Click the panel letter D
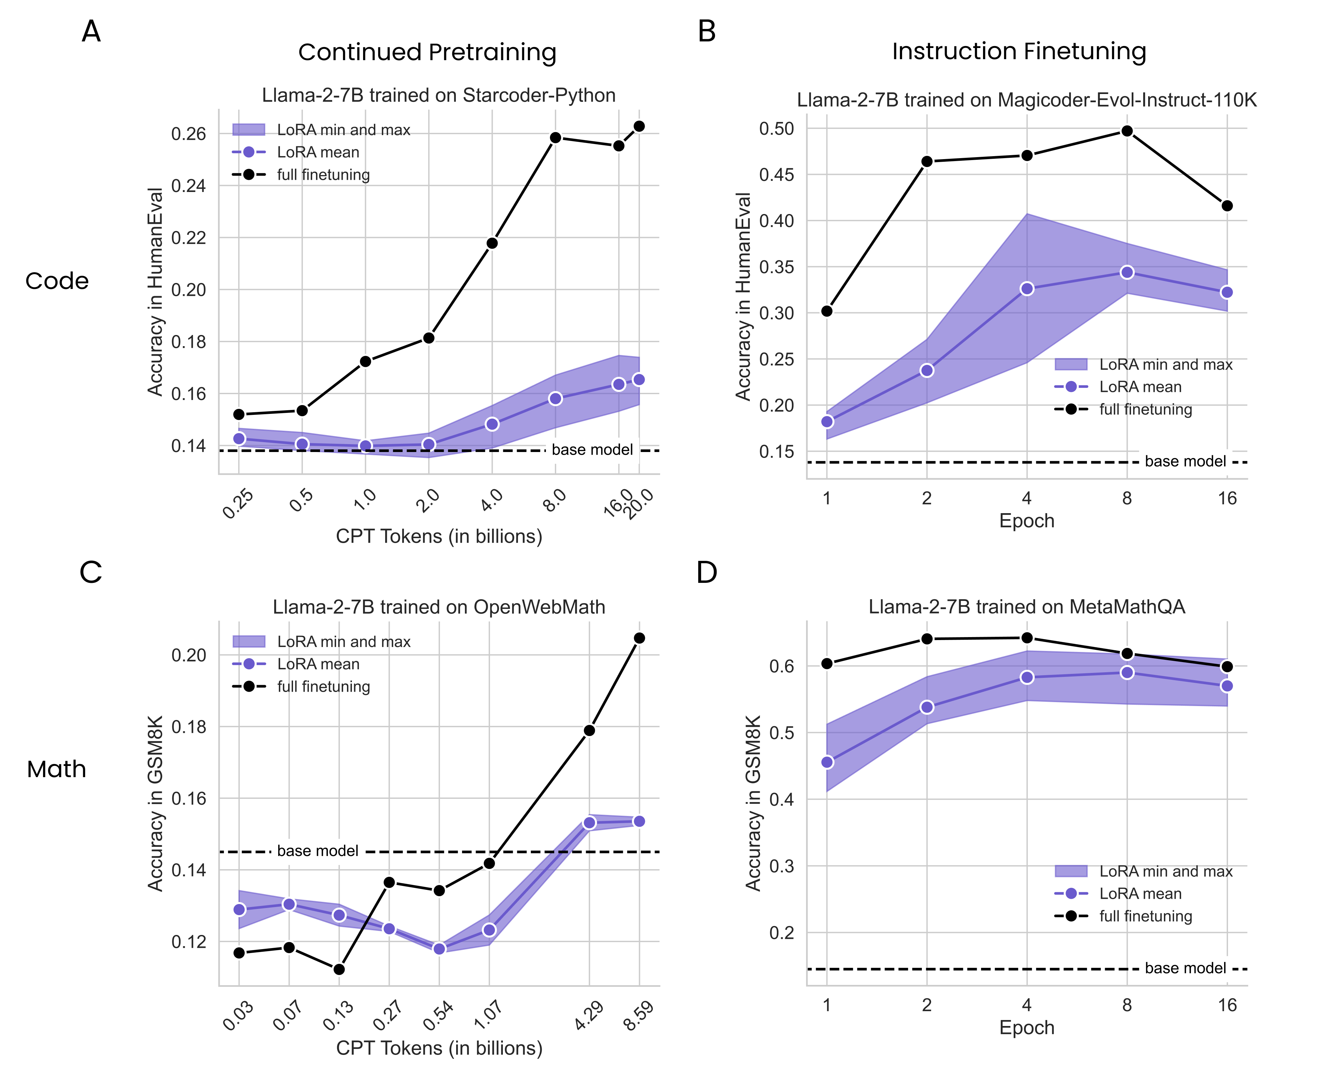[707, 572]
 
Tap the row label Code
[57, 281]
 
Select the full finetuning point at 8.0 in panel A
[555, 137]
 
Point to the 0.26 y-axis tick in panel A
[188, 134]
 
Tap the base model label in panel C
[318, 851]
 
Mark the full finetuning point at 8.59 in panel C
[639, 638]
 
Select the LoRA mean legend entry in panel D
[1140, 894]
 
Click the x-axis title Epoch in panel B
[1026, 521]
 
